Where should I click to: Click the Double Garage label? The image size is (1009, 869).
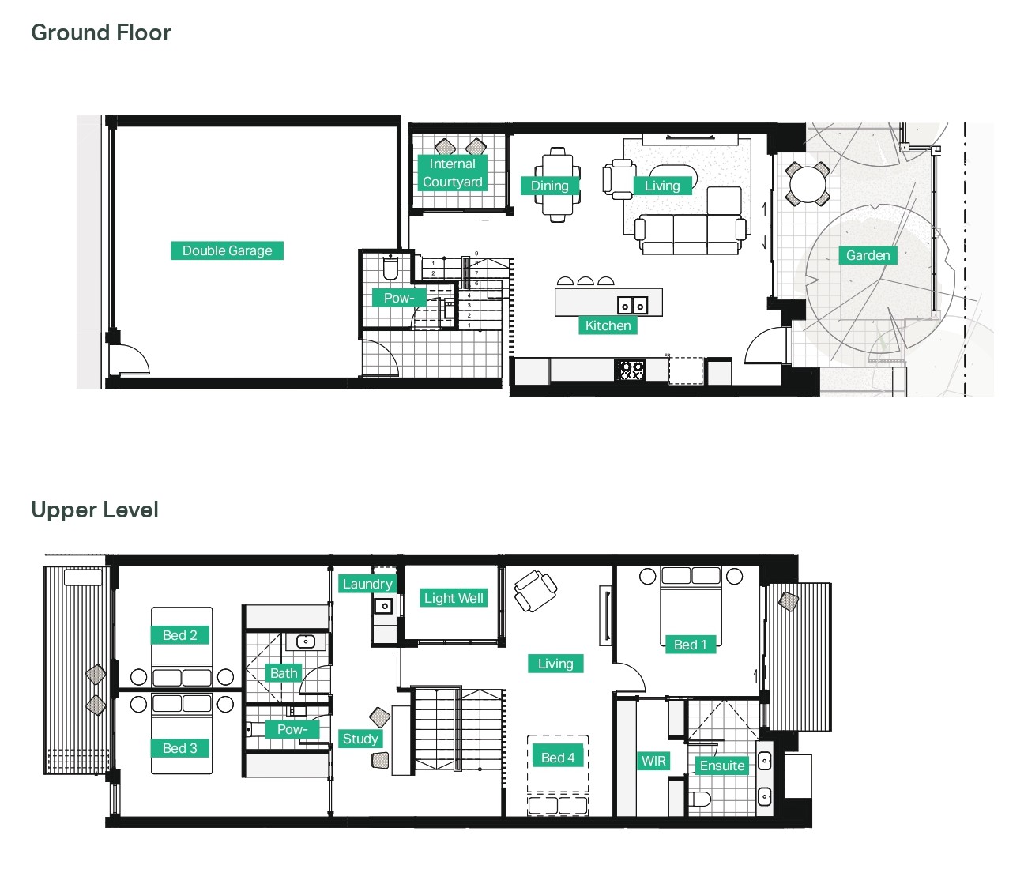click(x=227, y=250)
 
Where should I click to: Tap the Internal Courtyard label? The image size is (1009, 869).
click(x=453, y=173)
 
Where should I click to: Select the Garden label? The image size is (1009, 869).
click(x=868, y=255)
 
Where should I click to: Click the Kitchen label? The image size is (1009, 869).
click(x=608, y=325)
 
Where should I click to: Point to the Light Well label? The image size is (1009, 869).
click(x=454, y=598)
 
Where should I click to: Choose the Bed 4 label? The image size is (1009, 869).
click(x=558, y=758)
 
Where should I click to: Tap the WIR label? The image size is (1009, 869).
click(x=653, y=761)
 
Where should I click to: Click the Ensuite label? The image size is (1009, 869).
click(x=722, y=766)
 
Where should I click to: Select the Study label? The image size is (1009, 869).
click(x=360, y=739)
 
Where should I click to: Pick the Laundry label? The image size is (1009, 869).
click(x=367, y=584)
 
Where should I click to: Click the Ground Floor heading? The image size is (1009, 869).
click(x=101, y=32)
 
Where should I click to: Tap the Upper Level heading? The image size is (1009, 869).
click(x=95, y=510)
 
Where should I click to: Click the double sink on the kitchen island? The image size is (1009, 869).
click(x=633, y=305)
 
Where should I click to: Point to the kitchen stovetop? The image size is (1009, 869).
click(x=630, y=370)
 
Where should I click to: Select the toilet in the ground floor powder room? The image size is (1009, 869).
click(x=390, y=266)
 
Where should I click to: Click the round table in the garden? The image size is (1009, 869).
click(x=808, y=184)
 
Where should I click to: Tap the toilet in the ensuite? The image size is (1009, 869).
click(x=699, y=799)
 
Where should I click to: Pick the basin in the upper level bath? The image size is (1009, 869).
click(x=306, y=641)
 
